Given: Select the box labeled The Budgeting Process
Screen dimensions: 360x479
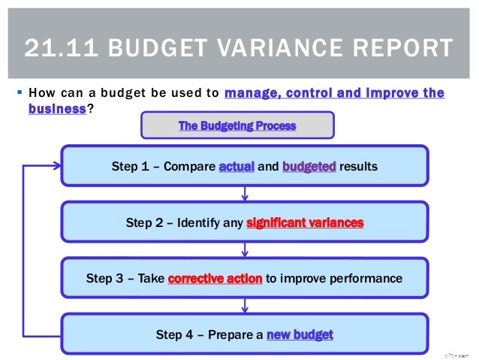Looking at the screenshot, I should (x=237, y=126).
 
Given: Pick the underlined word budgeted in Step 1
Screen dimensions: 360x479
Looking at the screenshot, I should (x=309, y=167).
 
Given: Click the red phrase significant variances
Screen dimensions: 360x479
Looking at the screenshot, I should (x=305, y=222).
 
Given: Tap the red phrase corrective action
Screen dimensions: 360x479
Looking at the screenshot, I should (x=215, y=278).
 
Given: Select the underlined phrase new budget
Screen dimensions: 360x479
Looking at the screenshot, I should (x=300, y=334).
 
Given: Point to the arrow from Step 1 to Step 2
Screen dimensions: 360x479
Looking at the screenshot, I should (x=245, y=194).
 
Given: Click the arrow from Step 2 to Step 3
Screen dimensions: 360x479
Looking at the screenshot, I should (x=245, y=250).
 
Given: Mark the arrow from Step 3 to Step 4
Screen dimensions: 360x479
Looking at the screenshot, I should (x=245, y=305).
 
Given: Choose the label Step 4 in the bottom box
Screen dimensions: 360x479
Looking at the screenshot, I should (x=173, y=334).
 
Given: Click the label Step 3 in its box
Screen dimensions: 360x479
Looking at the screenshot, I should (x=103, y=278).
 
